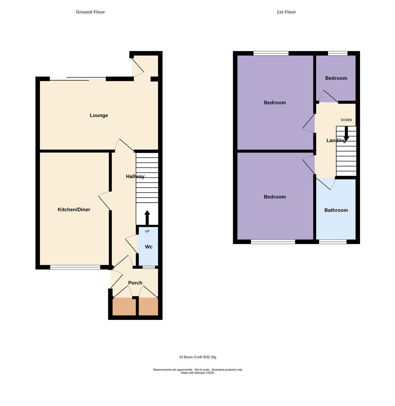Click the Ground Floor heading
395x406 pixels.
click(x=90, y=12)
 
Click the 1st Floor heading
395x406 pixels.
click(x=286, y=12)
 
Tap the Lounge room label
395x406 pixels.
click(x=99, y=115)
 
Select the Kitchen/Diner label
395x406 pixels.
click(x=74, y=209)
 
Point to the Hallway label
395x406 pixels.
click(x=135, y=176)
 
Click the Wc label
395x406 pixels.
click(x=149, y=247)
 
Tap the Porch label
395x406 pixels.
click(x=135, y=283)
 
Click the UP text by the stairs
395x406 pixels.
click(x=147, y=231)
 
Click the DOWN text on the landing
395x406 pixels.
click(x=346, y=120)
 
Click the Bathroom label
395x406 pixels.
click(x=336, y=210)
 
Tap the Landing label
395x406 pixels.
click(x=336, y=141)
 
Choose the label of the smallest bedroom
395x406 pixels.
click(x=336, y=78)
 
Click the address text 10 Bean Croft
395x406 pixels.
click(x=197, y=357)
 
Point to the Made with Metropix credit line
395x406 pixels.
click(x=197, y=373)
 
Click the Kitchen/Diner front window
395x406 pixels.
click(x=75, y=267)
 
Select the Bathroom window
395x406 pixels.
click(x=333, y=242)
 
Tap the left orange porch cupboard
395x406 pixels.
click(x=124, y=307)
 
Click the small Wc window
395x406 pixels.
click(x=149, y=267)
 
